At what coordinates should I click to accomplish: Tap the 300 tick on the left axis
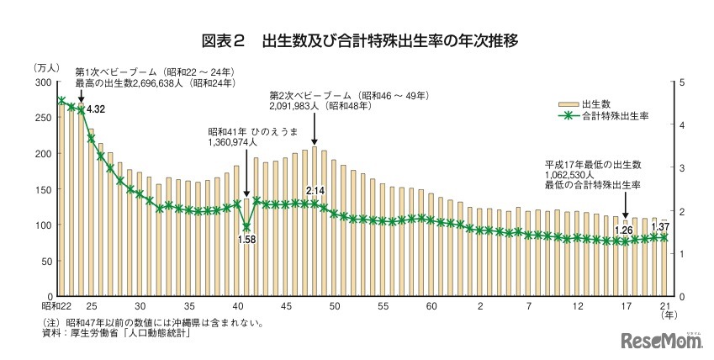pos(42,82)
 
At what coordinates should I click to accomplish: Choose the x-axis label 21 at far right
pos(664,306)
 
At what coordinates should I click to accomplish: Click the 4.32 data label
pos(95,109)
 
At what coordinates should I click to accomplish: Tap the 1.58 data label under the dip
pos(246,241)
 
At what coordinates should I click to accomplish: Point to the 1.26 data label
pos(623,230)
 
